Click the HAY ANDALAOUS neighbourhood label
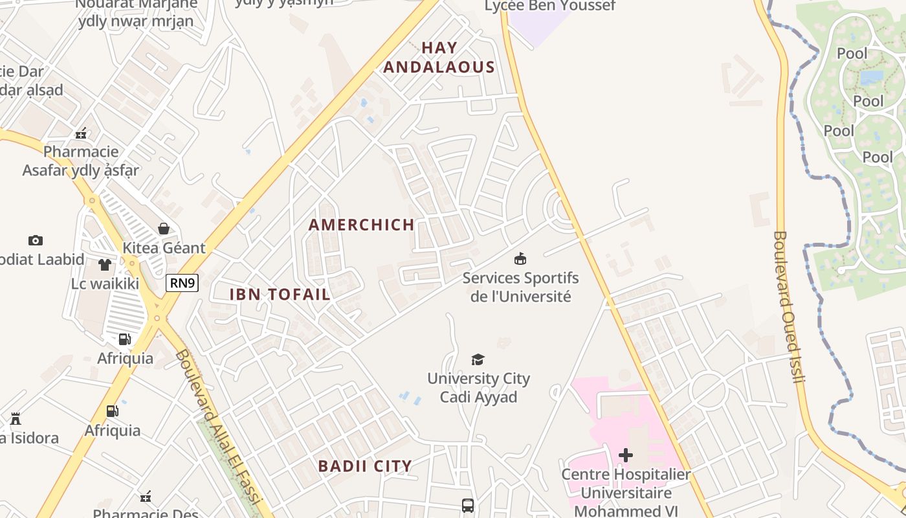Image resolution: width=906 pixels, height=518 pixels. (439, 57)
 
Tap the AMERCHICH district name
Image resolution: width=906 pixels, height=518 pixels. (361, 225)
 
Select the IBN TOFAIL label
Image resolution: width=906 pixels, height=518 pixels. (280, 294)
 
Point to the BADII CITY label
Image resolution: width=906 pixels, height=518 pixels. (365, 466)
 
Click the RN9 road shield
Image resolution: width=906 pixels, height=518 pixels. (182, 282)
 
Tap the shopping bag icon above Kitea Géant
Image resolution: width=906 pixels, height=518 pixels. (164, 229)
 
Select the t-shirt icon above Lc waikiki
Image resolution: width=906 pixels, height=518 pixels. (105, 264)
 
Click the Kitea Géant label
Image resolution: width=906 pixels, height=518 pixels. (164, 247)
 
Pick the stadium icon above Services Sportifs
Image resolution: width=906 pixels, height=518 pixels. (520, 260)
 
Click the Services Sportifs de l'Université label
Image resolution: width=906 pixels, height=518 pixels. (520, 287)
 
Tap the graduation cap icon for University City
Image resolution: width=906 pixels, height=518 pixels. (478, 360)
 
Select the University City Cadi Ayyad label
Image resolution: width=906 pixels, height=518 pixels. (478, 387)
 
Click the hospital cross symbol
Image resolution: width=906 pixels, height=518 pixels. (625, 455)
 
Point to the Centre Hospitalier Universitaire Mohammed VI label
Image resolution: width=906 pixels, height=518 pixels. (626, 492)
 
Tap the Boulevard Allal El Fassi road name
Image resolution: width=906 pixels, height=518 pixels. (217, 427)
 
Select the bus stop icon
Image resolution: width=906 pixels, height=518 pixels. (468, 505)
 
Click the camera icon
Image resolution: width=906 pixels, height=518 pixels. (36, 240)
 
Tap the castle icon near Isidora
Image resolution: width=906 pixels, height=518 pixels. (16, 419)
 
